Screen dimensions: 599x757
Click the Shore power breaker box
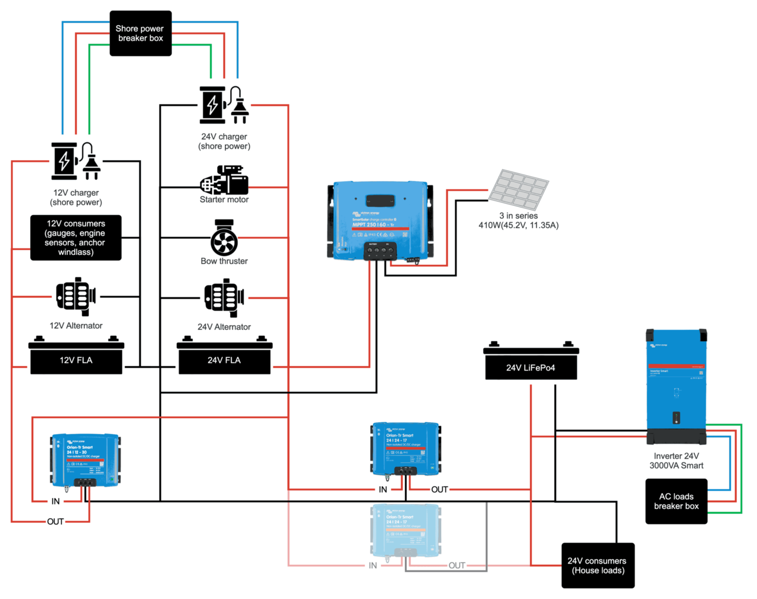tap(140, 33)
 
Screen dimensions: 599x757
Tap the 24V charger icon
tap(224, 105)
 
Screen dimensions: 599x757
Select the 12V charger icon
tap(76, 161)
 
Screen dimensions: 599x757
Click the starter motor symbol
tap(224, 180)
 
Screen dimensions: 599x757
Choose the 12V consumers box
tap(76, 238)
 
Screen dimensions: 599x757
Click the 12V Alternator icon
tap(76, 296)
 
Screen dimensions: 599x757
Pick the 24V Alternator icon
tap(224, 298)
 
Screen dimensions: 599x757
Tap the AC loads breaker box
tap(676, 501)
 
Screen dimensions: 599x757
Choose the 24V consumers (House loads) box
tap(597, 565)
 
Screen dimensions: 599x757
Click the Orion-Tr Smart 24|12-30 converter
tap(85, 460)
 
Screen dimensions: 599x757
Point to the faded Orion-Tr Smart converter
tap(405, 532)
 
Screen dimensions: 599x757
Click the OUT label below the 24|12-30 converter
tap(55, 522)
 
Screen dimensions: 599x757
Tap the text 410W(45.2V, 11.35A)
tap(518, 225)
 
